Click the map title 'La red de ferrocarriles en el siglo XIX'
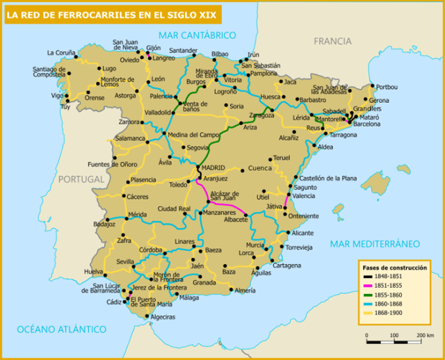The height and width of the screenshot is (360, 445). [111, 14]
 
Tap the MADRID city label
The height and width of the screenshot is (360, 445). [215, 167]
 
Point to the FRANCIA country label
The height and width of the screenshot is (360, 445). [332, 42]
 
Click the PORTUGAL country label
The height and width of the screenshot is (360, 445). [81, 179]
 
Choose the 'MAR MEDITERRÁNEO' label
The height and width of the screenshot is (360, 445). [375, 243]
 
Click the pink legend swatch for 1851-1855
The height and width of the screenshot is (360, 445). [369, 286]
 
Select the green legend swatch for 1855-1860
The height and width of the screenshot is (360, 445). [369, 295]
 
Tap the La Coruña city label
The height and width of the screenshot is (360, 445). [60, 53]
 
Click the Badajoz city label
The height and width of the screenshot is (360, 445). [104, 224]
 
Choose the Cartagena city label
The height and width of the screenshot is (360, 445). [286, 265]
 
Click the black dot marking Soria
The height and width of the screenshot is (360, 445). [225, 106]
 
